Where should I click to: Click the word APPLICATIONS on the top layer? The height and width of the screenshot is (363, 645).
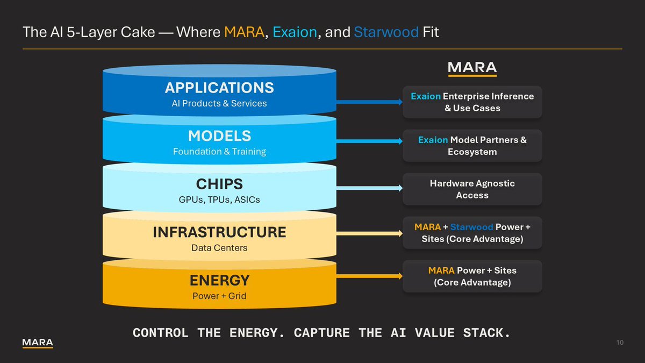[x=219, y=88]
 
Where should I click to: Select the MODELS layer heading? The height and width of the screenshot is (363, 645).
[x=219, y=136]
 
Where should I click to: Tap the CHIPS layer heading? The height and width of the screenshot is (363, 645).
[x=219, y=184]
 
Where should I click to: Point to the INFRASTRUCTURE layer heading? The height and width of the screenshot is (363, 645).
[x=219, y=232]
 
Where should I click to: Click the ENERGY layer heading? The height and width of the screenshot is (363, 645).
[x=219, y=280]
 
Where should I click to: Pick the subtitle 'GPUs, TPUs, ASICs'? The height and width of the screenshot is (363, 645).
[x=219, y=200]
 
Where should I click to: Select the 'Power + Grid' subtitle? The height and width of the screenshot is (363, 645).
[x=219, y=296]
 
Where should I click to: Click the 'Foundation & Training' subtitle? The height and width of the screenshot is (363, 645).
[x=219, y=152]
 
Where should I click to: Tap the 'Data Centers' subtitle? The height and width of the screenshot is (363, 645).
[x=219, y=248]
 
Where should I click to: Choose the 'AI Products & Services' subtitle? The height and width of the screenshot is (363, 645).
[x=219, y=103]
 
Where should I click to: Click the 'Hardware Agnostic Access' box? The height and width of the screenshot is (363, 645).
[x=472, y=189]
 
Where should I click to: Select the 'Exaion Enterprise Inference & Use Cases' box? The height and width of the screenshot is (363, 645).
[x=472, y=102]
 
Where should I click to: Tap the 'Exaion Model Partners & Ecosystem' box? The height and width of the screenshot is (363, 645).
[x=472, y=146]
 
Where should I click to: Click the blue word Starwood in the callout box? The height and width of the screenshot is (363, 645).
[x=471, y=227]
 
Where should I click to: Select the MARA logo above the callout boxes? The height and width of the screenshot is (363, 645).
[x=472, y=68]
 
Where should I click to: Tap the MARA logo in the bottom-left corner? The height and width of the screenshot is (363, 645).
[x=38, y=343]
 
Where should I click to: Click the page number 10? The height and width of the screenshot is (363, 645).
[x=620, y=343]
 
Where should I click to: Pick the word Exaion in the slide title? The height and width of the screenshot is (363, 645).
[x=295, y=32]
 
